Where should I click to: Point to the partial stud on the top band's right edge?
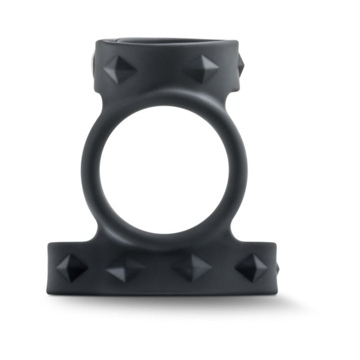pyautogui.click(x=240, y=64)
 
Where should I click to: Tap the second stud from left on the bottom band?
pyautogui.click(x=125, y=269)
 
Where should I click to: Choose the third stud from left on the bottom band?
pyautogui.click(x=192, y=267)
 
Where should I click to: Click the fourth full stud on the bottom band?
pyautogui.click(x=251, y=267)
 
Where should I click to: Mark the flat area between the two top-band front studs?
pyautogui.click(x=160, y=69)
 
